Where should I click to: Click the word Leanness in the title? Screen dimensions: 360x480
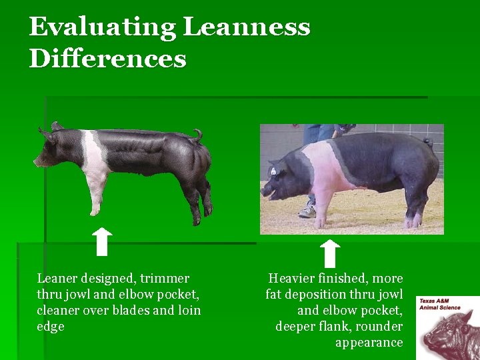coord(246,28)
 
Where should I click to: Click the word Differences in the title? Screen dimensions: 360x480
coord(107,59)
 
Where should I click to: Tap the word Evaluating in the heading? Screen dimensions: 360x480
coord(101,28)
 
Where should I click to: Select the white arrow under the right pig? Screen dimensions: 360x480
coord(329,253)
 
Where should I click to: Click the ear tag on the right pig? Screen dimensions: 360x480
coord(273,172)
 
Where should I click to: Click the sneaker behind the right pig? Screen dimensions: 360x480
coord(308,211)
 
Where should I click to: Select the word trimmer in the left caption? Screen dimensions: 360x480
coord(165,279)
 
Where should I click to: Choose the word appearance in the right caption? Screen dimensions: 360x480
coord(369,343)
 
